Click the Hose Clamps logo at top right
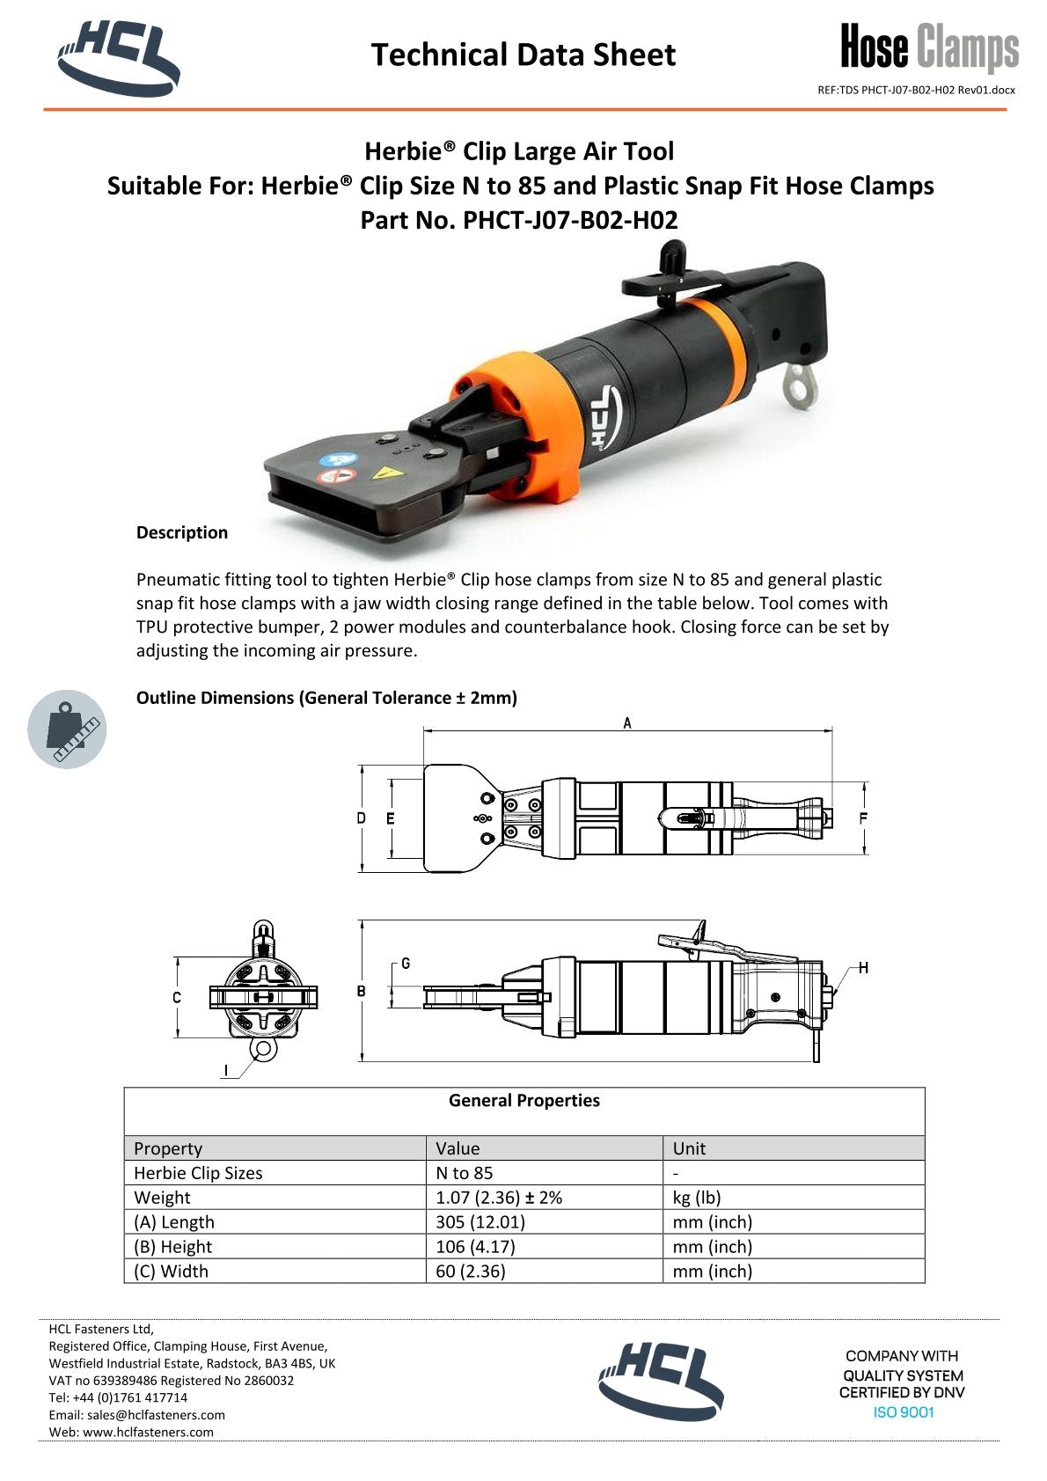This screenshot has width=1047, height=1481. click(929, 48)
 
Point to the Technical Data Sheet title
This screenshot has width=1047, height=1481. click(523, 55)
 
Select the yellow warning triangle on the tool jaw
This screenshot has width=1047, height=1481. click(382, 473)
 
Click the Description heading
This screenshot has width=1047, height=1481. click(181, 532)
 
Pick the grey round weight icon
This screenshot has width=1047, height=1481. click(67, 729)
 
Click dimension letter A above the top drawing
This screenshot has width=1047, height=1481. click(627, 722)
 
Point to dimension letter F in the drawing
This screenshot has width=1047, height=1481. click(863, 818)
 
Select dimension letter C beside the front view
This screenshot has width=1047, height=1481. click(177, 997)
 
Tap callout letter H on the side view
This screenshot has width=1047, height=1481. click(863, 968)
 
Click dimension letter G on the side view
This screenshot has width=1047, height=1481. click(406, 964)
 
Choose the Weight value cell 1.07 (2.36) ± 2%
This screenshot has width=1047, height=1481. click(499, 1197)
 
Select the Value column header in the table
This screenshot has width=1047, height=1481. click(458, 1148)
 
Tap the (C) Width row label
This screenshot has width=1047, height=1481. click(171, 1271)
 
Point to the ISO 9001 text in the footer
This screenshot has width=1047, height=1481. click(904, 1412)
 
